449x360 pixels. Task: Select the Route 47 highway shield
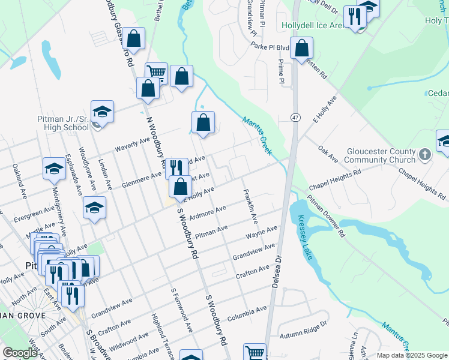tap(296, 116)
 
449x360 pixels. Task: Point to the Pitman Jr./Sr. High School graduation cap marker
tap(102, 113)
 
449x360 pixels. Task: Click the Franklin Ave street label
tap(250, 206)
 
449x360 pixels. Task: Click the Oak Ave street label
tap(328, 154)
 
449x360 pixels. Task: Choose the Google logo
tap(20, 353)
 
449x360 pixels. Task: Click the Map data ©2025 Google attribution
tap(412, 355)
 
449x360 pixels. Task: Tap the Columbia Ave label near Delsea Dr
tap(246, 311)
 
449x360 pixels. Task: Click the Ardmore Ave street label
tap(207, 212)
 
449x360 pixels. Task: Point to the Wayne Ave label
tap(261, 231)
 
